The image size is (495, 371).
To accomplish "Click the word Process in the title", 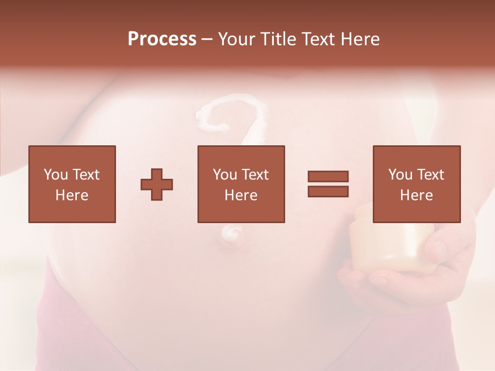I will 162,39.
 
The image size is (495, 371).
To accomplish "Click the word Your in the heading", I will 237,39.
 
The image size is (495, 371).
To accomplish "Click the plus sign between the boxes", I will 157,184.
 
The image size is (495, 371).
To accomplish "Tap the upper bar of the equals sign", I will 328,176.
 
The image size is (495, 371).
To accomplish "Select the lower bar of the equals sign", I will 328,191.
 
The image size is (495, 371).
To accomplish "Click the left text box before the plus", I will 72,184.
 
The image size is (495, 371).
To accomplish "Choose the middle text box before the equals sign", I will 241,184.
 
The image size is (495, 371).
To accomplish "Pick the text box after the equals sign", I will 416,184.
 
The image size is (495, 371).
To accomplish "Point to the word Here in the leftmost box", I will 72,195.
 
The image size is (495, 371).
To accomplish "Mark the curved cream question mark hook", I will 232,116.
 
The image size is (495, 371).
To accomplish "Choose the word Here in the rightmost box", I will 416,195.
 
